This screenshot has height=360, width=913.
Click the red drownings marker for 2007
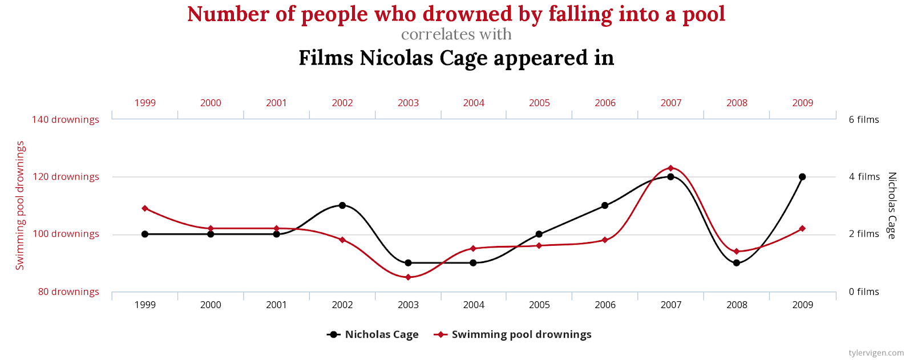coord(670,168)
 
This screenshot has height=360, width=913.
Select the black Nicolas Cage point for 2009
coord(802,177)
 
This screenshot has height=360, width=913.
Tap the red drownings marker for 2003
coord(408,277)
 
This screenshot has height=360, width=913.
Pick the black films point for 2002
coord(342,205)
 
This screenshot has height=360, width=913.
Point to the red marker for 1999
coord(145,208)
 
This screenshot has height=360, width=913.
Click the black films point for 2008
coord(737,263)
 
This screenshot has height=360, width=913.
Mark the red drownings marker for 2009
coord(802,229)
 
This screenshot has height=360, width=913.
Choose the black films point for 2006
coord(605,205)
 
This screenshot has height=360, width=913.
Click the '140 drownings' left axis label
coord(66,120)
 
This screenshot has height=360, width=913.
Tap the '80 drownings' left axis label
coord(68,292)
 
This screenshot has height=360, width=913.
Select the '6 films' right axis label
coord(864,120)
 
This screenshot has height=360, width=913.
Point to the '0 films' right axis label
coord(864,292)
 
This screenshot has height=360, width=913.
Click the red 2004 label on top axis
coord(474,103)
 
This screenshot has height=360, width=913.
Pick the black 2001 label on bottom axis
coord(276,305)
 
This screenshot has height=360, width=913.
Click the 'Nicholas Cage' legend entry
coord(381,335)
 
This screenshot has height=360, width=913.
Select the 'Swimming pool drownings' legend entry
coord(521,335)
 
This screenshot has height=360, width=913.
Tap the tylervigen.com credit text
coord(876,353)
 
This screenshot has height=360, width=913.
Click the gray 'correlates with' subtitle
coord(457,35)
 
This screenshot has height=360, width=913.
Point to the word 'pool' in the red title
coord(704,14)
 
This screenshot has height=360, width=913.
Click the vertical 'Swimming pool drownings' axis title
coord(21,205)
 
